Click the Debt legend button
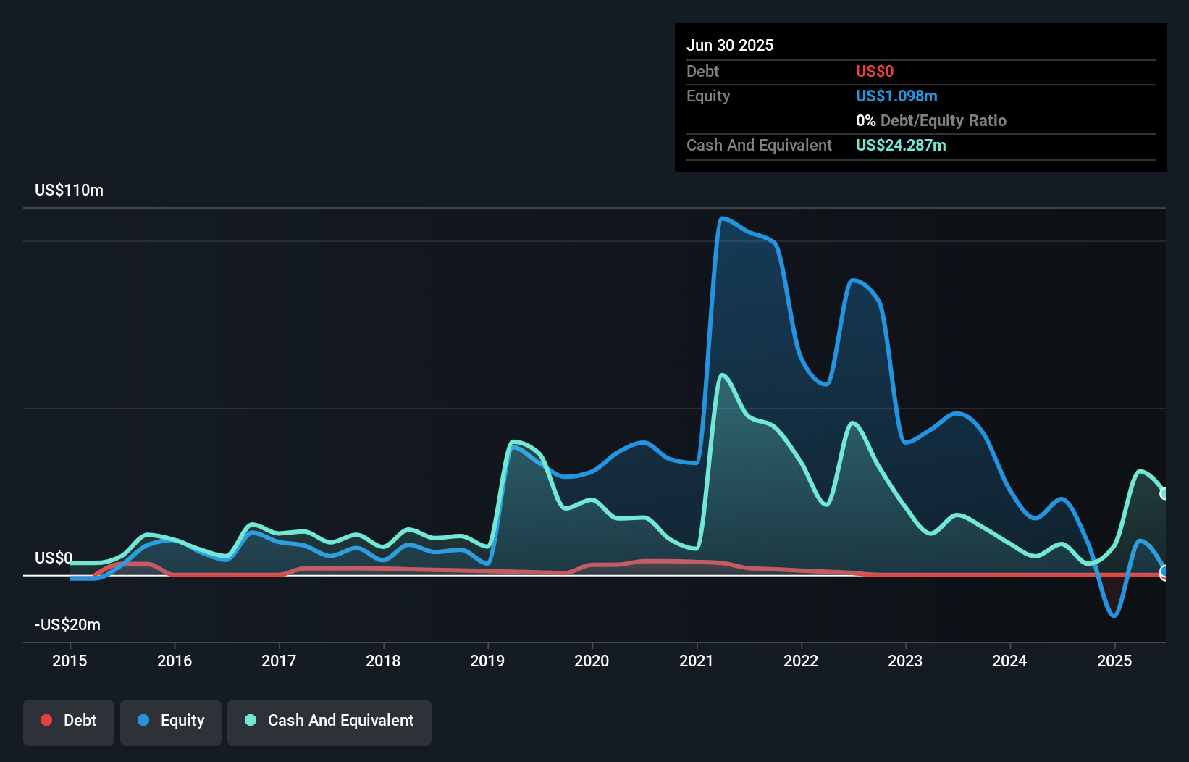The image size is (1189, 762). (69, 721)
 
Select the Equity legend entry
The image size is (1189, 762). (171, 721)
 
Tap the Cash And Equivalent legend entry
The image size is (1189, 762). (329, 721)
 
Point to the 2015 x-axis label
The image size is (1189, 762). (70, 661)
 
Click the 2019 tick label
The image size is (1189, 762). (487, 661)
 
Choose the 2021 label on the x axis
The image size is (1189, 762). (697, 661)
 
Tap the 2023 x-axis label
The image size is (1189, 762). (905, 661)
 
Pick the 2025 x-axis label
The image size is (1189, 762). (1114, 661)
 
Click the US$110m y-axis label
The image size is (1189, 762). (69, 190)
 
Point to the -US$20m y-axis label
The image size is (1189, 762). (67, 625)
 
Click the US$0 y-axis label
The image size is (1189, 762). (54, 558)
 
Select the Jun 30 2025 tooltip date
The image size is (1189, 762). (730, 46)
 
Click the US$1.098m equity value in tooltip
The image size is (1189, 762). (896, 96)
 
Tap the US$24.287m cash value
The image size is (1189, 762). (901, 146)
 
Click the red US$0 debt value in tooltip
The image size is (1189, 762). (875, 72)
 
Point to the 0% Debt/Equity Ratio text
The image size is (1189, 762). (931, 121)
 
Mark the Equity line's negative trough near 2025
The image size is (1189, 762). (1114, 616)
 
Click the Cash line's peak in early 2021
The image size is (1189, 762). (722, 375)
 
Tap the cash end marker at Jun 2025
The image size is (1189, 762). (1164, 494)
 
